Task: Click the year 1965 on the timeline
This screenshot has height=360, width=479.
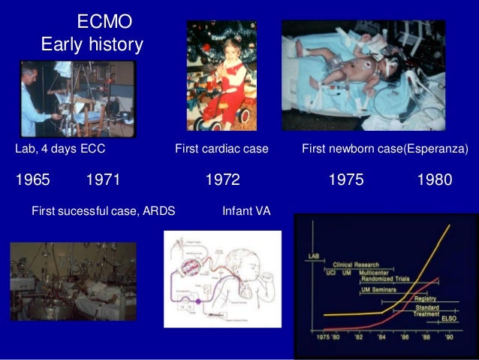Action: (32, 180)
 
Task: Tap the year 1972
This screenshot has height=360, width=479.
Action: (222, 180)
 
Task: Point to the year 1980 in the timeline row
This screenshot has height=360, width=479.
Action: (435, 180)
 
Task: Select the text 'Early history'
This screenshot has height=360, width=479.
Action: (92, 45)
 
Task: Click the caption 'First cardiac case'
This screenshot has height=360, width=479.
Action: (221, 150)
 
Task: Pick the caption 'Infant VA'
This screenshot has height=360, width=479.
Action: (246, 211)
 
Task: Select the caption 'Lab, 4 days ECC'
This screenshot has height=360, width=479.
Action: (60, 150)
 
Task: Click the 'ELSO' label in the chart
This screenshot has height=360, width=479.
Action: (449, 319)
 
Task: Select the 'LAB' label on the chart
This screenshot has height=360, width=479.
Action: (313, 256)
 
